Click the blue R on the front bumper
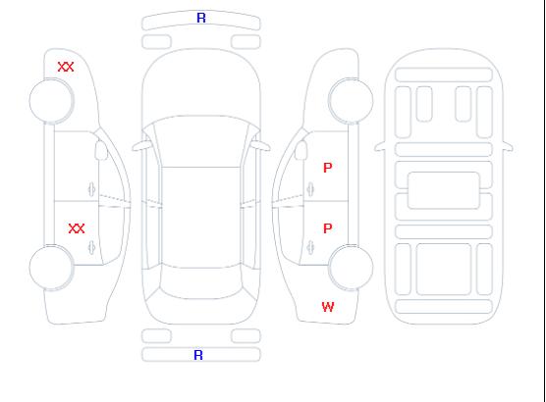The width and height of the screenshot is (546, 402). tap(201, 18)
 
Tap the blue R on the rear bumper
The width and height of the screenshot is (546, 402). tap(198, 355)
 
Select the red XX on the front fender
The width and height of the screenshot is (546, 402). tap(66, 67)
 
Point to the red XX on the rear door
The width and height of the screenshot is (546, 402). tap(77, 228)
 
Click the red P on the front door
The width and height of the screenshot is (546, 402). tap(328, 168)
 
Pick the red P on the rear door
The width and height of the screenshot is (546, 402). tap(328, 228)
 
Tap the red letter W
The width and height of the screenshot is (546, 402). tap(328, 307)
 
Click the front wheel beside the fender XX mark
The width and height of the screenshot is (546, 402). tap(51, 101)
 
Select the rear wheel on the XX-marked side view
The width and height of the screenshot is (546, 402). tap(51, 268)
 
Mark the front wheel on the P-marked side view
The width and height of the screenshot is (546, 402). tap(351, 101)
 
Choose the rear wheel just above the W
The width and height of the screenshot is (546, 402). tap(351, 267)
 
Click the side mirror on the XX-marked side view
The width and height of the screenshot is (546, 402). tap(101, 150)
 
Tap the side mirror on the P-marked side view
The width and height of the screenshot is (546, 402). tap(301, 150)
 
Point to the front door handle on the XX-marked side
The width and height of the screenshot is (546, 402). tap(91, 189)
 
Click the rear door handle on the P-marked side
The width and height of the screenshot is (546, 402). tap(310, 247)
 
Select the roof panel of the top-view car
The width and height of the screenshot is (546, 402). tap(201, 218)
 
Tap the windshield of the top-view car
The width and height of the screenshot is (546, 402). tap(201, 141)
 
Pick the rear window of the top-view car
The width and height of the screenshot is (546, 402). tap(201, 282)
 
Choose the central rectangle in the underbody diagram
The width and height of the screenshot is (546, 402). tap(444, 190)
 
